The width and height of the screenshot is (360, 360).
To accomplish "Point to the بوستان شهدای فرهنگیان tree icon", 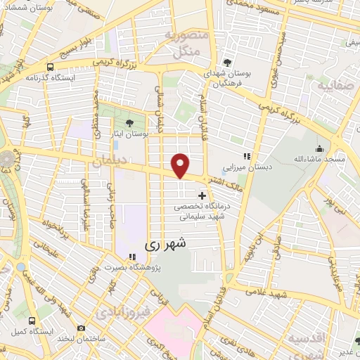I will tap(227, 62).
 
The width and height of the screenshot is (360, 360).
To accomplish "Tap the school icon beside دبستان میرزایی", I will tap(246, 156).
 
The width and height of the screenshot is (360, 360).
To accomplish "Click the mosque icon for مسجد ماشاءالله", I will tap(320, 149).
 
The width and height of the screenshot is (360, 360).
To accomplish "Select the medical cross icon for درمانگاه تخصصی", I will tap(202, 195).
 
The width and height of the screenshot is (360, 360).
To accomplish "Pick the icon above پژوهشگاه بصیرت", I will tap(132, 257).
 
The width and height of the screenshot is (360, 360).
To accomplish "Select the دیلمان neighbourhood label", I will tap(109, 161).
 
